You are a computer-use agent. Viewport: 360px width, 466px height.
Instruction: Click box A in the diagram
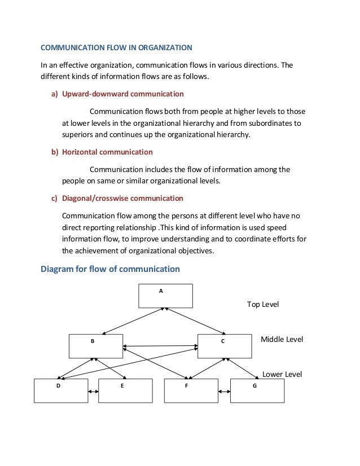tap(165, 296)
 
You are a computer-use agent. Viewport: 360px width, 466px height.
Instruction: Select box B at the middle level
tap(96, 346)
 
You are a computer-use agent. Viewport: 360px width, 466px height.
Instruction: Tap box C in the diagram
tap(225, 346)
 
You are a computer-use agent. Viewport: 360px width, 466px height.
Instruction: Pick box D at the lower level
tap(61, 390)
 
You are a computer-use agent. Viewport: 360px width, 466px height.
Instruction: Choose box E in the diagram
tap(125, 390)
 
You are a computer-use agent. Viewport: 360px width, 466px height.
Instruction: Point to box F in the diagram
tap(191, 390)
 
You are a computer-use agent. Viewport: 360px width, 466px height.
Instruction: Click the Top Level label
tap(263, 304)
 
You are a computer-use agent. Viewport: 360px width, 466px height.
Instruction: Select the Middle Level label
tap(282, 339)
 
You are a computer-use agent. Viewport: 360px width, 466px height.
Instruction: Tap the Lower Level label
tap(282, 374)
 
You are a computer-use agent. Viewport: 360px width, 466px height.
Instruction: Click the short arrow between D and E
tap(93, 391)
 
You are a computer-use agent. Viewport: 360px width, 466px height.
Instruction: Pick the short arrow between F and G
tap(224, 391)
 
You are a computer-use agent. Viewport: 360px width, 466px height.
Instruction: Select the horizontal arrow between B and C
tap(160, 346)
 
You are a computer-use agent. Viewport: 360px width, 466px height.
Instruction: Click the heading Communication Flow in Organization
tap(116, 47)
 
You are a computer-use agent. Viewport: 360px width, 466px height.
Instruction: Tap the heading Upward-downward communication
tap(122, 94)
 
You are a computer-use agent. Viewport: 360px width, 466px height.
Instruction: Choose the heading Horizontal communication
tap(107, 152)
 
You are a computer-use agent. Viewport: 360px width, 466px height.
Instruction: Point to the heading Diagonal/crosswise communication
tap(122, 198)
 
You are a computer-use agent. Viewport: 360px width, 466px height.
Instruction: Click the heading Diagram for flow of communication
tap(110, 269)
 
